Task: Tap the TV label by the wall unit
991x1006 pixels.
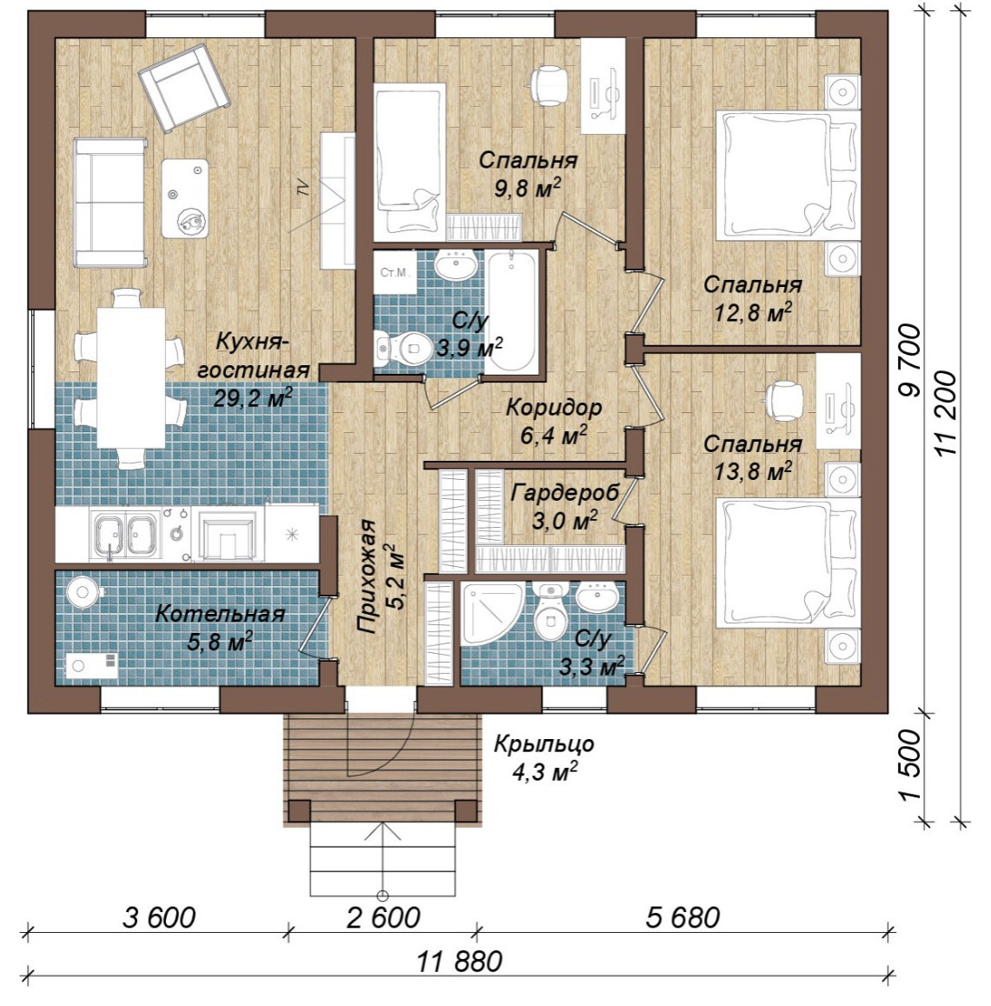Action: coord(303,188)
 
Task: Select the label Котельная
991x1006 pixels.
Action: coord(220,613)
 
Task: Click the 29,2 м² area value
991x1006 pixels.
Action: coord(253,398)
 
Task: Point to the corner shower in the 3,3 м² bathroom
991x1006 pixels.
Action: coord(491,614)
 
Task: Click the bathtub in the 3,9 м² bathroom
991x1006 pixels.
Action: coord(511,310)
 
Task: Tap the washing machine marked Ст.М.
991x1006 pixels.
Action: coord(394,272)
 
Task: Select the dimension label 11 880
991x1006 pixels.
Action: coord(459,962)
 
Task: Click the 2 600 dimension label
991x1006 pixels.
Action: coord(383,917)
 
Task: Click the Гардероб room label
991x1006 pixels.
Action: coord(565,493)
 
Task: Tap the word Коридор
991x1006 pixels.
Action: coord(555,407)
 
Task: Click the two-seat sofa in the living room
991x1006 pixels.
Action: coord(110,202)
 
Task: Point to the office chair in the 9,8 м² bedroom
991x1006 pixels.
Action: coord(549,84)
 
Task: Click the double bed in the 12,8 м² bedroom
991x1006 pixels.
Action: coord(788,176)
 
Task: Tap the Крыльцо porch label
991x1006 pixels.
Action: coord(544,744)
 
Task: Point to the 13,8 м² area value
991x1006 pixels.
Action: coord(753,472)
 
